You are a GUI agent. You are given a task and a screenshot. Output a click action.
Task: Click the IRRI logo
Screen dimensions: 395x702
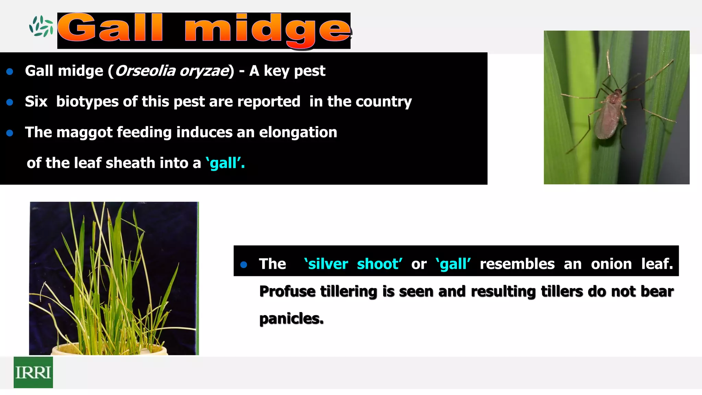point(33,372)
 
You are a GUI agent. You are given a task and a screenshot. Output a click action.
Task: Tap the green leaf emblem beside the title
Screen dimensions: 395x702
point(41,26)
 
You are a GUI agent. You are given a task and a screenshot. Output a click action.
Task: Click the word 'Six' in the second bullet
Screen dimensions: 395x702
point(36,101)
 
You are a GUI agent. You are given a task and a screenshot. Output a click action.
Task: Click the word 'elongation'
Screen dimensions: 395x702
point(298,132)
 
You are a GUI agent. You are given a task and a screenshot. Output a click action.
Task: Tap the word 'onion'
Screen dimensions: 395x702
point(611,264)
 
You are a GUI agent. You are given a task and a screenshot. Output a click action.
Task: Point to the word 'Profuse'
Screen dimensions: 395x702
point(287,291)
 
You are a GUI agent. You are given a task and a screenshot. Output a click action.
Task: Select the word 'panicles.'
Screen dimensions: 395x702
point(291,319)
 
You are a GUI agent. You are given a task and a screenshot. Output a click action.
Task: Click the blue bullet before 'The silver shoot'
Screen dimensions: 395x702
point(244,264)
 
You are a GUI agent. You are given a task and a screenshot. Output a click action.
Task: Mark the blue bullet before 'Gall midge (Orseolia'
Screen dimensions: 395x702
point(10,71)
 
